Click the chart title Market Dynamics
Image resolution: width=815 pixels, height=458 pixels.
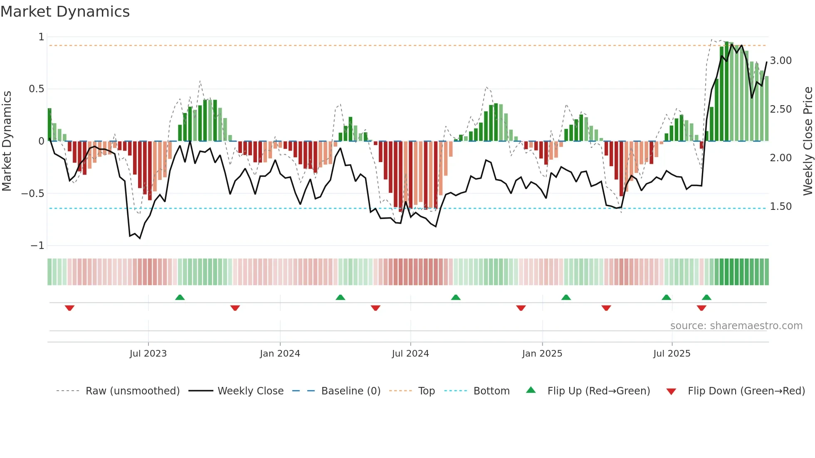click(65, 12)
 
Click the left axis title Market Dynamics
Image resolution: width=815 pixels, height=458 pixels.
click(7, 141)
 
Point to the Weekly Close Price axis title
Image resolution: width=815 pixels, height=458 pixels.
click(808, 141)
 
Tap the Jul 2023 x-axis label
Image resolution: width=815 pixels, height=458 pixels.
click(148, 354)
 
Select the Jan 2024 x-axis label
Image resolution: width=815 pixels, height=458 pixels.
click(280, 354)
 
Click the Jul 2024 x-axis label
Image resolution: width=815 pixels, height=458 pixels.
click(410, 354)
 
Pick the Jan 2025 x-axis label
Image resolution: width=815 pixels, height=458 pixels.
click(542, 354)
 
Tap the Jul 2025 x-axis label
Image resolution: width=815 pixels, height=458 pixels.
click(672, 354)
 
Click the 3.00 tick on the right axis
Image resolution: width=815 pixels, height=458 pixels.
click(781, 61)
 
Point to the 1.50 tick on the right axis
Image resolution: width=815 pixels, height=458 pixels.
click(781, 207)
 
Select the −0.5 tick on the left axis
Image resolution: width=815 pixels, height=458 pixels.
click(33, 194)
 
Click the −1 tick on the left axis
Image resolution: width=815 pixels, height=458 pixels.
click(37, 246)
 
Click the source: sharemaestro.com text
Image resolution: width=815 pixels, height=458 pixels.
click(736, 326)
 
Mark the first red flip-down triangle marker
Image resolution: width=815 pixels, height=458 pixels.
click(69, 308)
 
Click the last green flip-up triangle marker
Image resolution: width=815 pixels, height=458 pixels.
click(706, 297)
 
